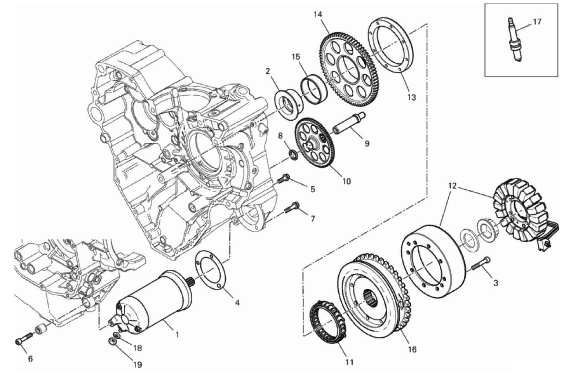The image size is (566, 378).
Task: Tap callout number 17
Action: click(537, 22)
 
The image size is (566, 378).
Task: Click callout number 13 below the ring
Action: click(411, 97)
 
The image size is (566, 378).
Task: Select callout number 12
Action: click(452, 186)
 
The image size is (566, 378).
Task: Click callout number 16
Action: click(412, 349)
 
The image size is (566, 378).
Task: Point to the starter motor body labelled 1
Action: click(155, 301)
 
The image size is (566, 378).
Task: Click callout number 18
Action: click(138, 348)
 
